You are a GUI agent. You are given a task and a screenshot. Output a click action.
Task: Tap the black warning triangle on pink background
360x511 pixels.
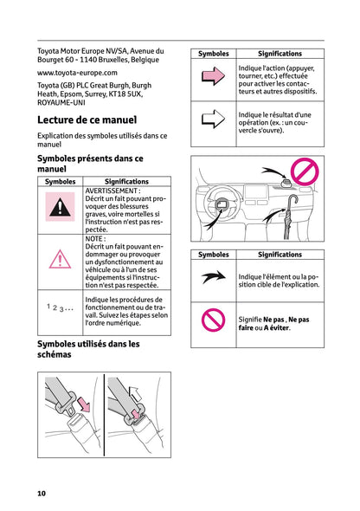click(60, 208)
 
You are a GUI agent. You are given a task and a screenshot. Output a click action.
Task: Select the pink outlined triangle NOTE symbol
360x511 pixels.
click(60, 259)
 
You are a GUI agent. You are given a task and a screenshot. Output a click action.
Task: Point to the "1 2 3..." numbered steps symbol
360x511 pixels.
click(60, 307)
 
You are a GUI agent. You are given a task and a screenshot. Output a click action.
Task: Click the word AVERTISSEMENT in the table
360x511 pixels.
click(112, 191)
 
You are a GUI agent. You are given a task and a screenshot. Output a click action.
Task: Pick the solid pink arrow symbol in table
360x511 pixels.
click(213, 77)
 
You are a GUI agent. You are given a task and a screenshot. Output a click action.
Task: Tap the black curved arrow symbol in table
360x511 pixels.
click(213, 278)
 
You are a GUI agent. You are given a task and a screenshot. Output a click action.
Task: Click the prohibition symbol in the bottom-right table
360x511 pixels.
click(213, 321)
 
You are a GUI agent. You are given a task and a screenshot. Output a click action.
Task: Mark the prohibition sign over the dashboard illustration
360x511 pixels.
click(304, 173)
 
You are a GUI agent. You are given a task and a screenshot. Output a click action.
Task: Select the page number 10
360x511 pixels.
click(42, 493)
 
